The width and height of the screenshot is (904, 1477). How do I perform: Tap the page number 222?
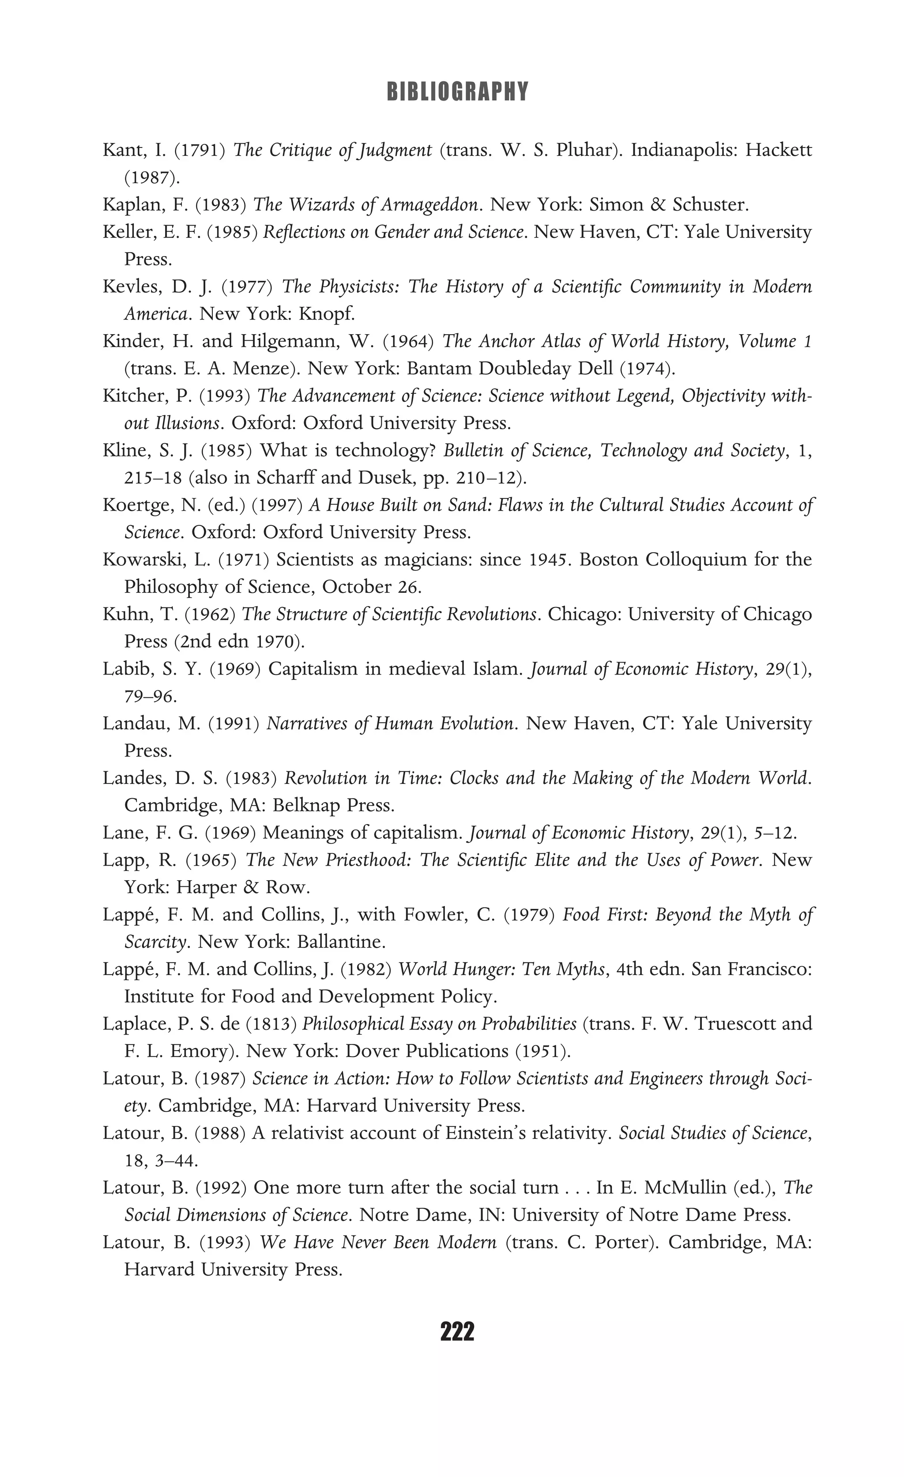point(457,1332)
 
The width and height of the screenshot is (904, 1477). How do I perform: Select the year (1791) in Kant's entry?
point(199,150)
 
